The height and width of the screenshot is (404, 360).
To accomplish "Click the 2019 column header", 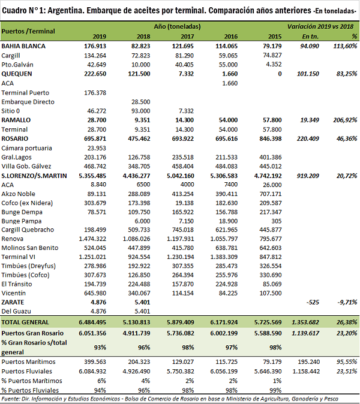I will pos(99,37).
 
